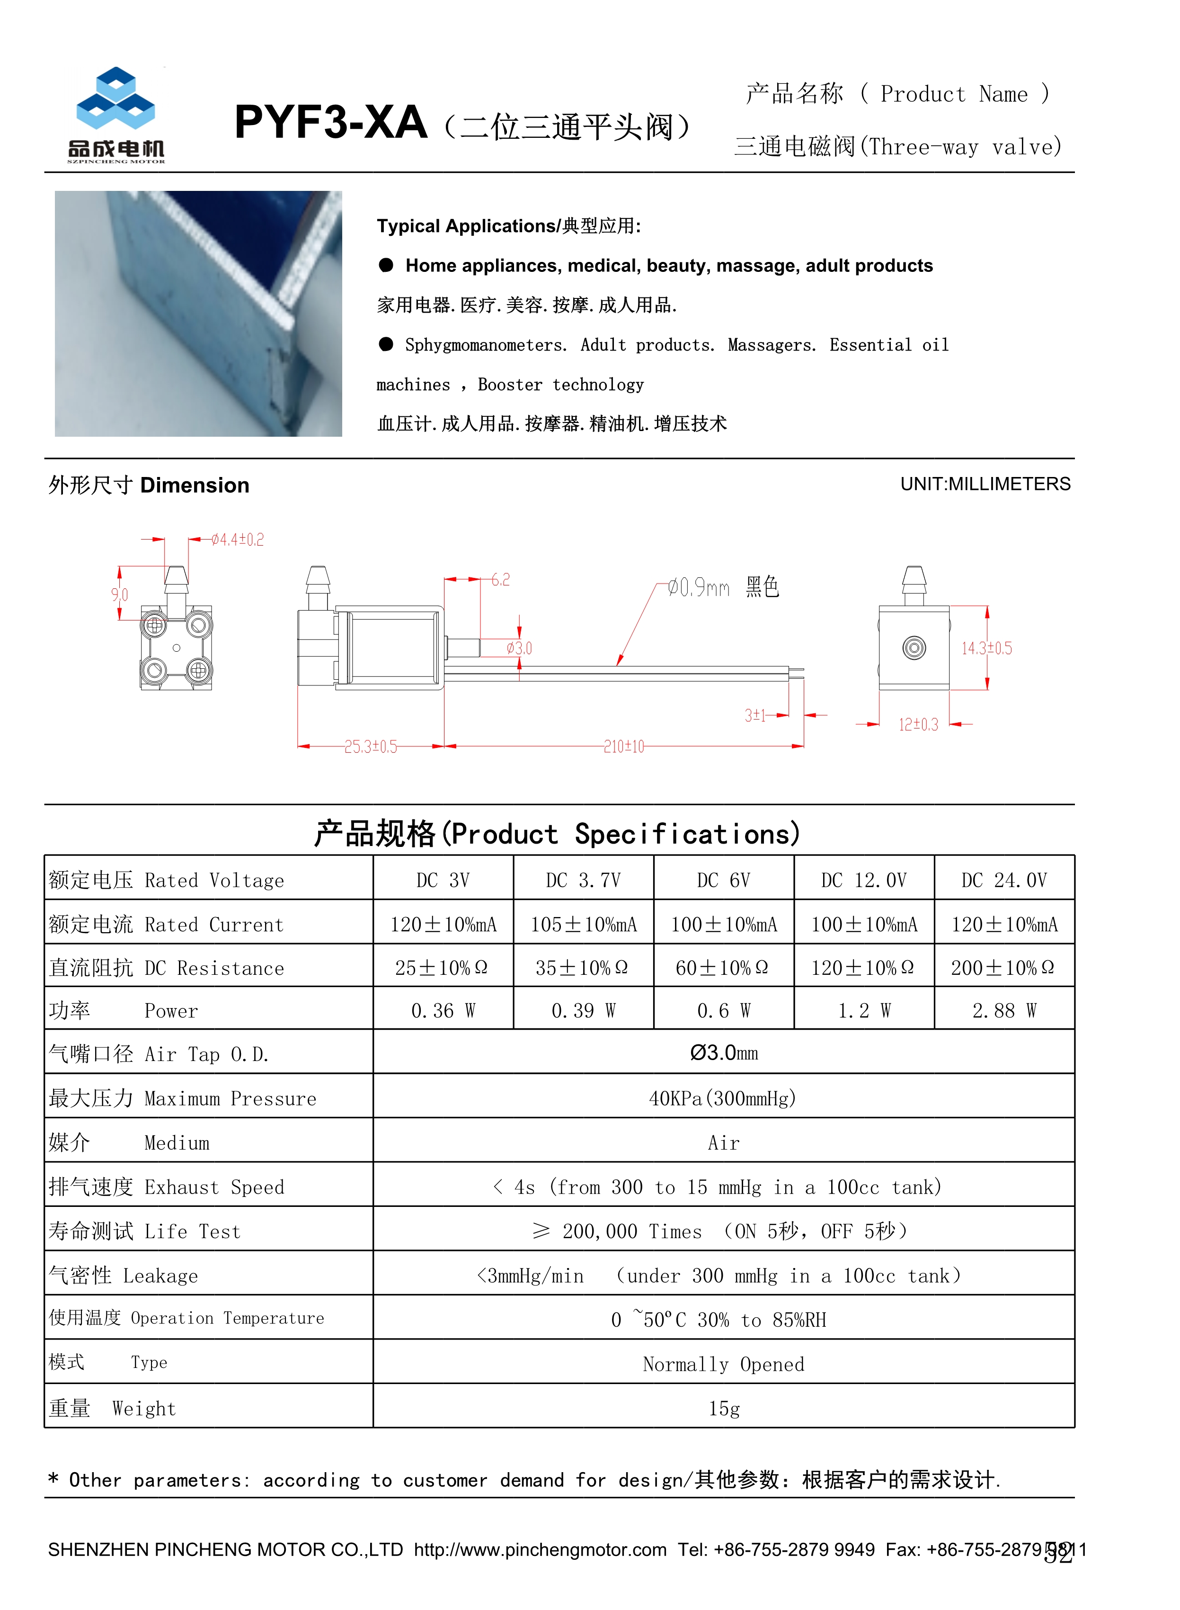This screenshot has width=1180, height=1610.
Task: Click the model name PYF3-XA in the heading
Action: pyautogui.click(x=331, y=123)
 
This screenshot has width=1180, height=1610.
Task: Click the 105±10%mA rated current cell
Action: pyautogui.click(x=583, y=924)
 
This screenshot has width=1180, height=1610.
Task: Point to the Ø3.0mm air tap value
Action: pyautogui.click(x=724, y=1052)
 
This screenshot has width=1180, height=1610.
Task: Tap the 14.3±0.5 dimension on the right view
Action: pyautogui.click(x=986, y=648)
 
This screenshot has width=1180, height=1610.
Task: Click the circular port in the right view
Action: pyautogui.click(x=914, y=648)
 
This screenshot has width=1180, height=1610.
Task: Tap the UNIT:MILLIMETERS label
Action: pyautogui.click(x=985, y=484)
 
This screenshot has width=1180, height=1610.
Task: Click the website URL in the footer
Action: pyautogui.click(x=540, y=1549)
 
